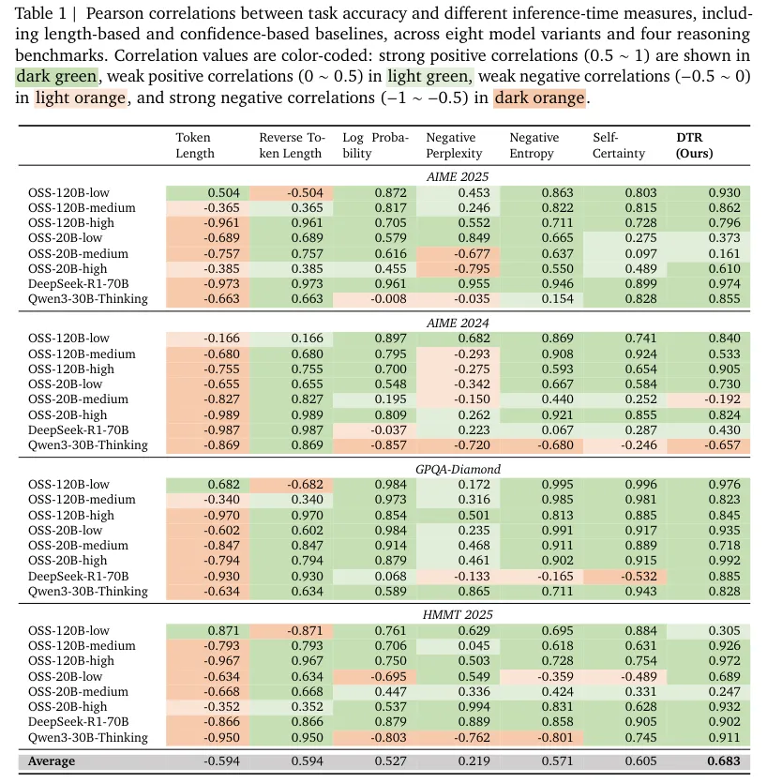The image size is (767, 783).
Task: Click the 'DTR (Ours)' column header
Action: [694, 145]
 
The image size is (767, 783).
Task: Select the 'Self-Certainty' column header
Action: [619, 145]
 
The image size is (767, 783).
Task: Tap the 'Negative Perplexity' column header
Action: [454, 145]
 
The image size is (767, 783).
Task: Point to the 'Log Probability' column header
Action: [375, 145]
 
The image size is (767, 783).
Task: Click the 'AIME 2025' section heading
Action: [458, 177]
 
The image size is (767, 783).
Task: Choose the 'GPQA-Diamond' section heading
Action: [458, 470]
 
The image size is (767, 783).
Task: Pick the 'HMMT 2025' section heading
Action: [458, 615]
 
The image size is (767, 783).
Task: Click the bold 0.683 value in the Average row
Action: [724, 761]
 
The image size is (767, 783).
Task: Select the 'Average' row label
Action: [52, 761]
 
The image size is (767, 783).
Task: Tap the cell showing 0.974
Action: [724, 283]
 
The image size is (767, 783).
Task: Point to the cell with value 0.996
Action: [640, 485]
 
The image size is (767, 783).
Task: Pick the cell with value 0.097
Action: [640, 254]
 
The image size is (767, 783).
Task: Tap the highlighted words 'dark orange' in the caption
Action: [539, 98]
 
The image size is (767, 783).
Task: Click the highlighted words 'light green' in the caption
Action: [429, 76]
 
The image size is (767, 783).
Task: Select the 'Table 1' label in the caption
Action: [40, 13]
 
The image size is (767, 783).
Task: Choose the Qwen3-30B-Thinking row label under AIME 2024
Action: [88, 444]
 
